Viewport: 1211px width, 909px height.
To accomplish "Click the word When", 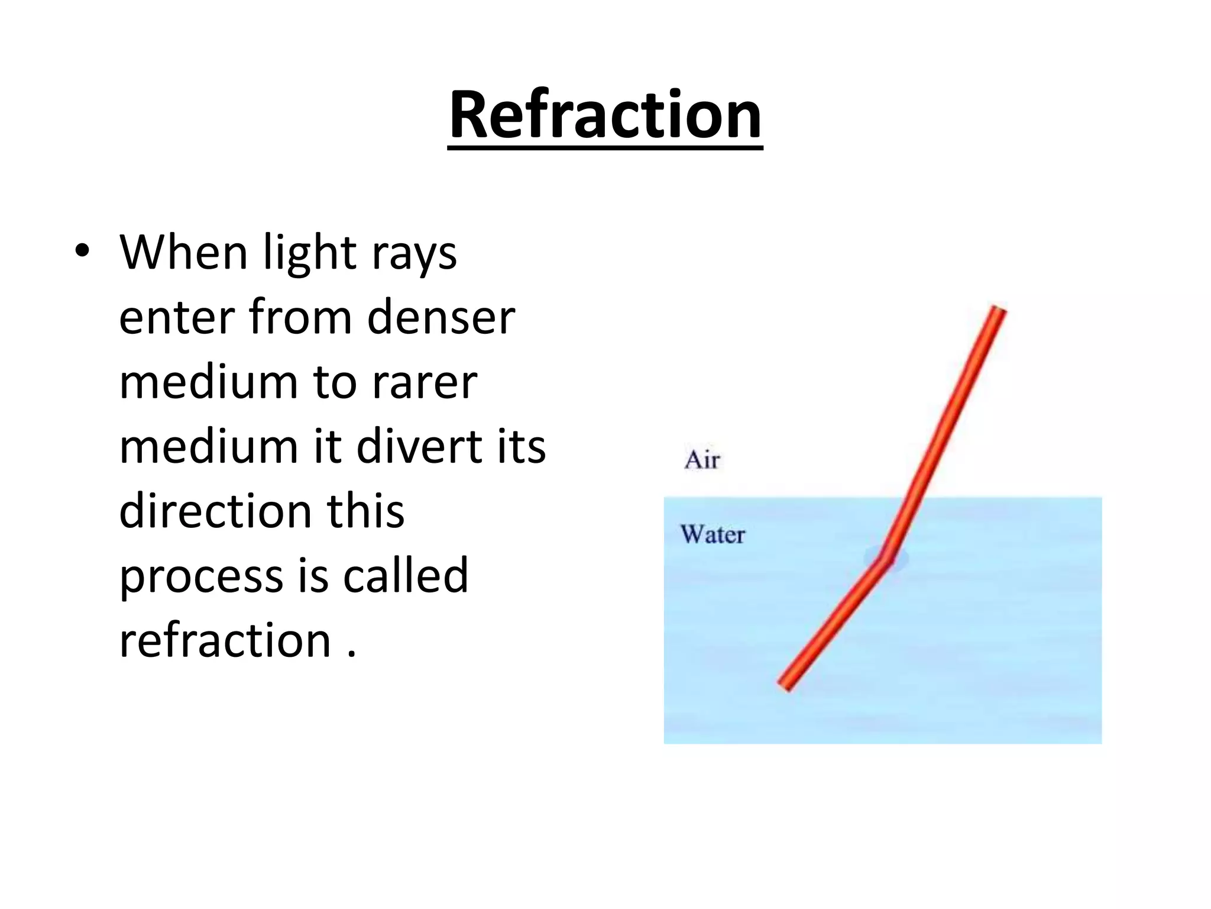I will pos(183,253).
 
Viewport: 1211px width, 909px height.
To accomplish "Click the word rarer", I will pos(424,383).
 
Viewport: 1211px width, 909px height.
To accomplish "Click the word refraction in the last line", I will pos(225,640).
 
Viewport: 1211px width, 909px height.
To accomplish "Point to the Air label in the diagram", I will pos(702,460).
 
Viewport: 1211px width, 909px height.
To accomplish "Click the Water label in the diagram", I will pos(713,534).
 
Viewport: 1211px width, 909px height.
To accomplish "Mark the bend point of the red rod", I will pos(885,560).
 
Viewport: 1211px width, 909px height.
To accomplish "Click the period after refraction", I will pos(352,655).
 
